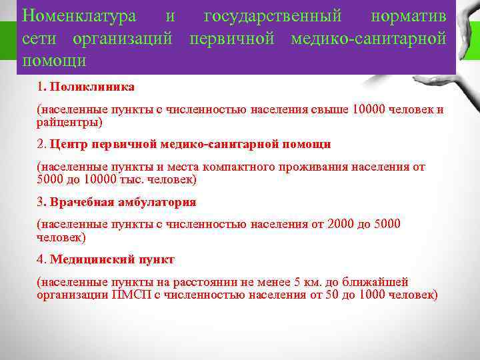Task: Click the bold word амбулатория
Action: click(x=153, y=201)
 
